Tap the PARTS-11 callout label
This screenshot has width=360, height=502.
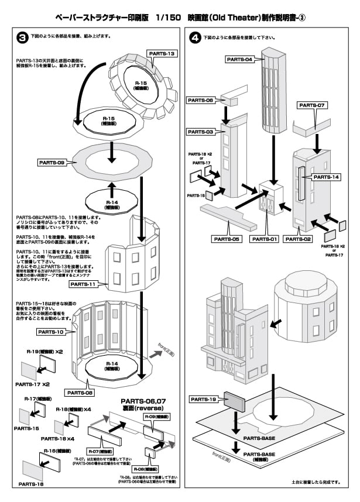point(85,284)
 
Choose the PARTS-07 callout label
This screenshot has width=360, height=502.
point(314,105)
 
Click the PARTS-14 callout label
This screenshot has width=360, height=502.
point(327,176)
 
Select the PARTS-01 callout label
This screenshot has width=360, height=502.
point(266,239)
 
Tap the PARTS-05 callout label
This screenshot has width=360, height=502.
point(228,239)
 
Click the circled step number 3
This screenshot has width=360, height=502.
point(22,37)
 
